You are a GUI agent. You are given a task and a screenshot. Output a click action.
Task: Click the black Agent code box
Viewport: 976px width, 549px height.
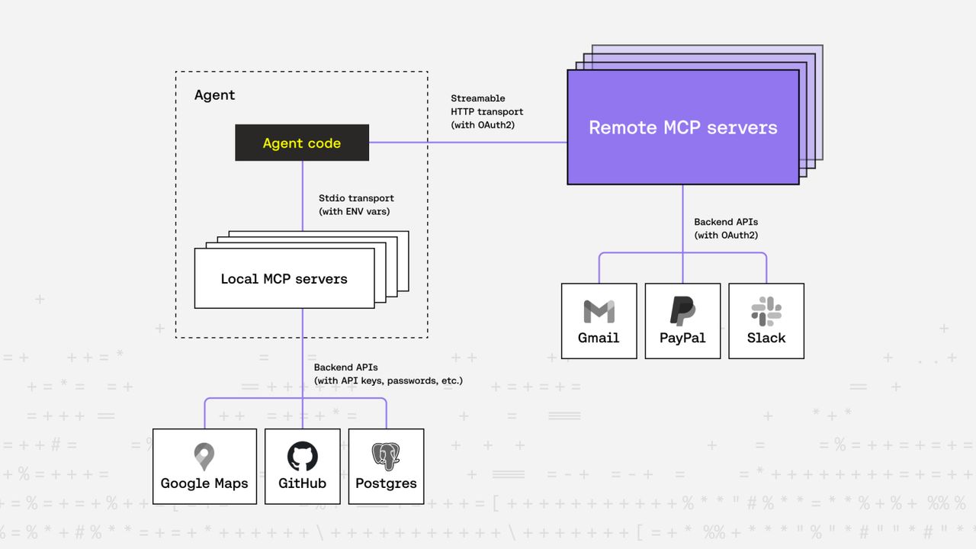coord(301,143)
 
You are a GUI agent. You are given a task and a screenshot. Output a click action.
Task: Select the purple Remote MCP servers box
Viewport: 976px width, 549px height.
coord(682,127)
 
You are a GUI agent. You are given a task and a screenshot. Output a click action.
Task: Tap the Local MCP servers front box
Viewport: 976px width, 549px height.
coord(284,278)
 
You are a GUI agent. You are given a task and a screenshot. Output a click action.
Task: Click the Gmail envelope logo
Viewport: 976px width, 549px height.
coord(599,311)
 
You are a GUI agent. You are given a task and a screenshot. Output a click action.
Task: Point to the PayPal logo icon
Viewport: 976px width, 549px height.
coord(682,311)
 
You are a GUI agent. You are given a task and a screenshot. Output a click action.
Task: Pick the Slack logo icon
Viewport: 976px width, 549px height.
coord(766,311)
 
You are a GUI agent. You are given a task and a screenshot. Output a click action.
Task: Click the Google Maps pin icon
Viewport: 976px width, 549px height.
coord(204,457)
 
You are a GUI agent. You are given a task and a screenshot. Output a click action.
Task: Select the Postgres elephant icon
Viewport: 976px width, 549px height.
coord(386,456)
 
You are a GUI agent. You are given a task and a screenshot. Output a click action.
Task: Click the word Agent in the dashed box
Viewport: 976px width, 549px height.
coord(214,95)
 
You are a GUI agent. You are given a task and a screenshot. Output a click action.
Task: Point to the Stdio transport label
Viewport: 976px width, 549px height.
coord(356,204)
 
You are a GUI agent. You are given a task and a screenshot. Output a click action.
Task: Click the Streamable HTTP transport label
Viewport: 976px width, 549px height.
coord(486,111)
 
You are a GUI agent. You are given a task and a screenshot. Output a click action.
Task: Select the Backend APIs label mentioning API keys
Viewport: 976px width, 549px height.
coord(387,374)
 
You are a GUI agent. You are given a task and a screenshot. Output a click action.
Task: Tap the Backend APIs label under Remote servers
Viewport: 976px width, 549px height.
coord(725,229)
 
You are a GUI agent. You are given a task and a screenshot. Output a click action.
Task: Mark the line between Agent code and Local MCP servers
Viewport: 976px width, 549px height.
coord(302,195)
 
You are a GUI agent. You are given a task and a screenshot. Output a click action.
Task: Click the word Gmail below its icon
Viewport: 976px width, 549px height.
coord(599,338)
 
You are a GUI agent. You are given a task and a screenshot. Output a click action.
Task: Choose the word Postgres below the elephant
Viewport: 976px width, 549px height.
coord(386,483)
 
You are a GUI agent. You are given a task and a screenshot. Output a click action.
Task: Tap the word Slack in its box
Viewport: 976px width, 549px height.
coord(766,338)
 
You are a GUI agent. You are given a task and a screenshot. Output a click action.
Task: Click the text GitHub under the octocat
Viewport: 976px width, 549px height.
coord(302,483)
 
